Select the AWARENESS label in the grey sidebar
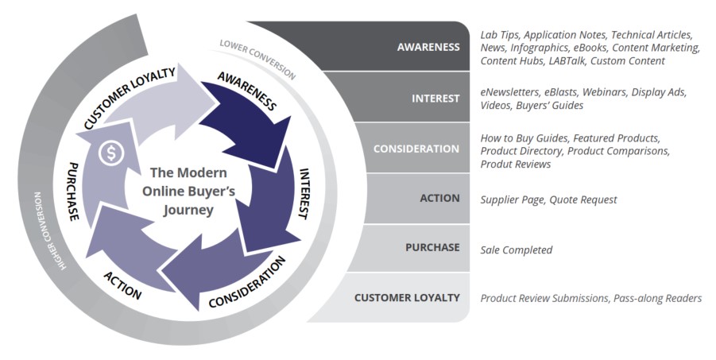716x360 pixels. click(428, 47)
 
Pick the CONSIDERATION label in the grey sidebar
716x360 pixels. click(417, 149)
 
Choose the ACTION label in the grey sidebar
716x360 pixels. click(439, 199)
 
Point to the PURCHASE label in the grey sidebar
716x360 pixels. click(432, 248)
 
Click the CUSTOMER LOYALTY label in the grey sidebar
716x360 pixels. click(407, 298)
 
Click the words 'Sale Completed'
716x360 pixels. click(516, 250)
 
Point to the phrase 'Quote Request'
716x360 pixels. click(588, 199)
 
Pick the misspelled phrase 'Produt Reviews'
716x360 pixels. click(515, 164)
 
